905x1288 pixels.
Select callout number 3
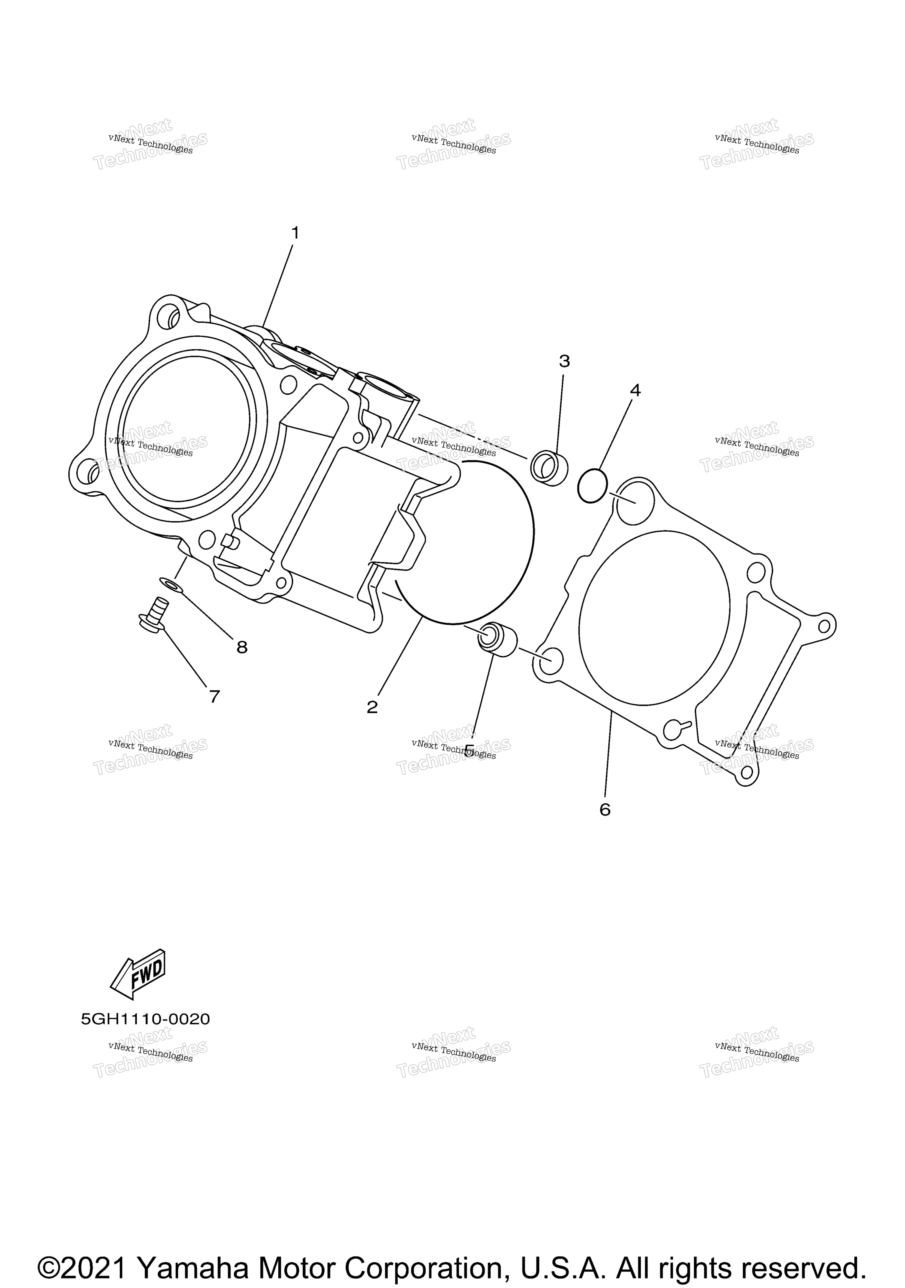564,361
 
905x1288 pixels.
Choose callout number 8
242,647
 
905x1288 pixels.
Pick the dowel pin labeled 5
497,639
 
